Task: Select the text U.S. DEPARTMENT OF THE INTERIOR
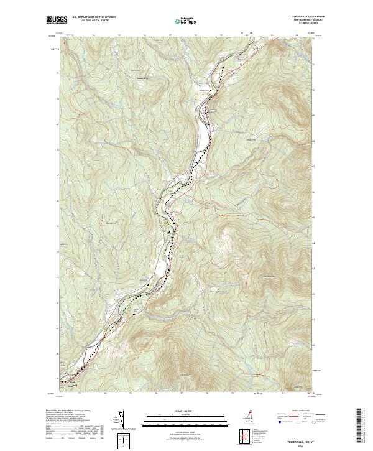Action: [x=93, y=17]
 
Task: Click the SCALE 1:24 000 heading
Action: [x=186, y=411]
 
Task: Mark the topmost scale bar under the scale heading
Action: [x=186, y=415]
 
